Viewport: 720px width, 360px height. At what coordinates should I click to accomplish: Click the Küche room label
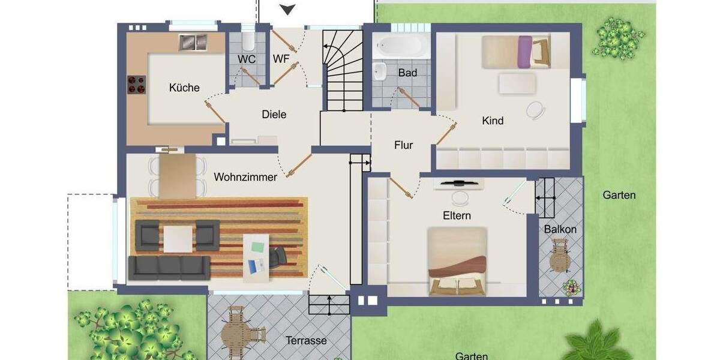coord(184,88)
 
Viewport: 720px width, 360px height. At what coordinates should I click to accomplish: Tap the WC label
coord(247,59)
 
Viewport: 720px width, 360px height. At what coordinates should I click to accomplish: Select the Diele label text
coord(274,114)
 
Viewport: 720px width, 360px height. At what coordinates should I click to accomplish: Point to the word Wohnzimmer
coord(245,177)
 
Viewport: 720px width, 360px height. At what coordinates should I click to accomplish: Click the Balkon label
coord(560,229)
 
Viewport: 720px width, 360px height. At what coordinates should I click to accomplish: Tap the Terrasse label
coord(306,340)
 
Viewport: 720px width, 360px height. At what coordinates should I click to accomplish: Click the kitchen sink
coord(193,42)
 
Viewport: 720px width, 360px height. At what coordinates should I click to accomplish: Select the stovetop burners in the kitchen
coord(137,85)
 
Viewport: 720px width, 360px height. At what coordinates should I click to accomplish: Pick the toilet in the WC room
coord(248,41)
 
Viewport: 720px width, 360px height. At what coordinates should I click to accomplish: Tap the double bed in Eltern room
coord(457,263)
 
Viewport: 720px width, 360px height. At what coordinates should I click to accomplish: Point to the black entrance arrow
coord(289,9)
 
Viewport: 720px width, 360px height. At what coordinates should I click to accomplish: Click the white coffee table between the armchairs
coord(178,238)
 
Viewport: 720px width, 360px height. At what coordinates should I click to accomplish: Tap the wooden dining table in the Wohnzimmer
coord(178,176)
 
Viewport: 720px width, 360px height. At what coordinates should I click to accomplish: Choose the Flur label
coord(404,145)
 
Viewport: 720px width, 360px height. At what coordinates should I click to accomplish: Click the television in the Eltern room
coord(459,181)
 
